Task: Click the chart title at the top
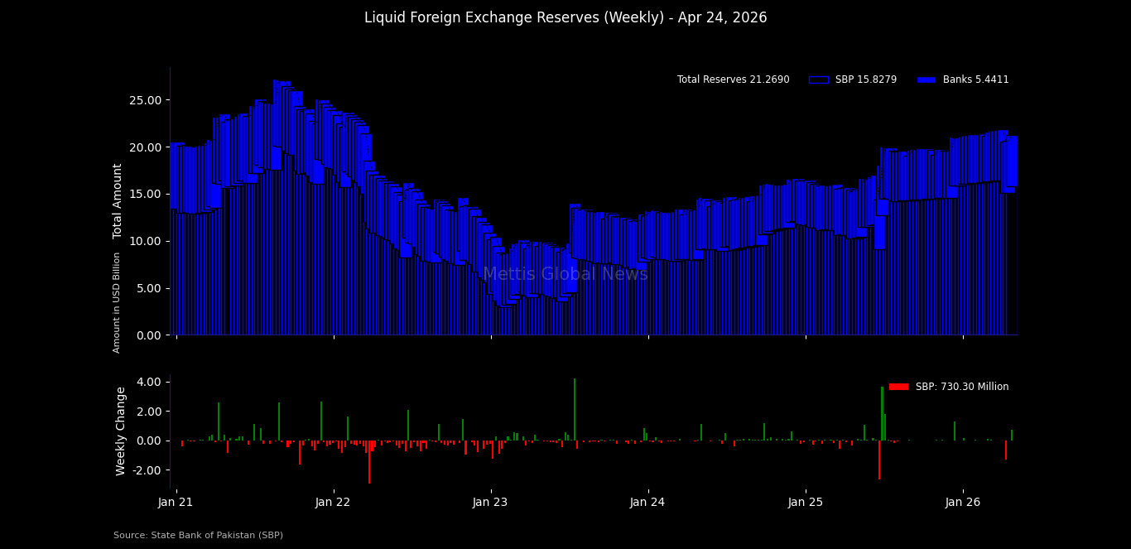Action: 565,18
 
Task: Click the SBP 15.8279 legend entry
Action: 853,80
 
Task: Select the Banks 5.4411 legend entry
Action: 963,80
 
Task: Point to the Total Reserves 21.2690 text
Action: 733,80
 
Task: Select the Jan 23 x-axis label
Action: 490,502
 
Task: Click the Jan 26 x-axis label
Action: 963,502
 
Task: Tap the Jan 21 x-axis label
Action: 176,502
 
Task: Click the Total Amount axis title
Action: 118,201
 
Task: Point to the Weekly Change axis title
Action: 121,431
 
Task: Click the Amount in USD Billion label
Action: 117,302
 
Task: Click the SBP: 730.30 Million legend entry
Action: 949,387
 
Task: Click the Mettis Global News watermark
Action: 565,274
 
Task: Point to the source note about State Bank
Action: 199,536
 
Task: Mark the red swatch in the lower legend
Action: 898,387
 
